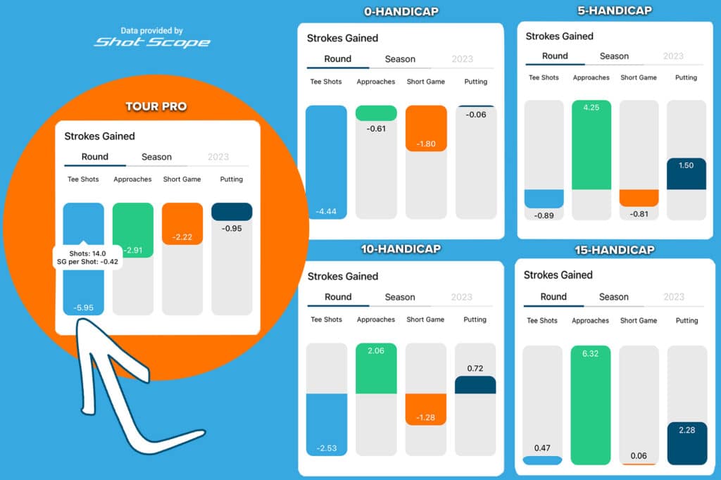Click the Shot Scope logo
pos(152,42)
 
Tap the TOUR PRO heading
pos(156,106)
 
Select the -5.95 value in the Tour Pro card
pos(83,308)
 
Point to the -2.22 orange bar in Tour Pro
pos(182,224)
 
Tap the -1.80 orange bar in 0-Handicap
pos(426,129)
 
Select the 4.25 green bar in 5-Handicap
pos(591,145)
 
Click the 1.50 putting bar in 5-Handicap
pos(686,174)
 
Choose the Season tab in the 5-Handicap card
pos(615,56)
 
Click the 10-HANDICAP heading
pos(402,249)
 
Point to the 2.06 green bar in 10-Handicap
pos(376,368)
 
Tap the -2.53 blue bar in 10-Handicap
pos(327,424)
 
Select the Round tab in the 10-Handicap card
pos(338,297)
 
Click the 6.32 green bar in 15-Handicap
pos(590,405)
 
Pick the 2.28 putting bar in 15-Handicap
pos(686,443)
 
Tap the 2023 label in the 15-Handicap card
pos(674,297)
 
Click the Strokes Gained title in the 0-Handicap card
pos(342,38)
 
